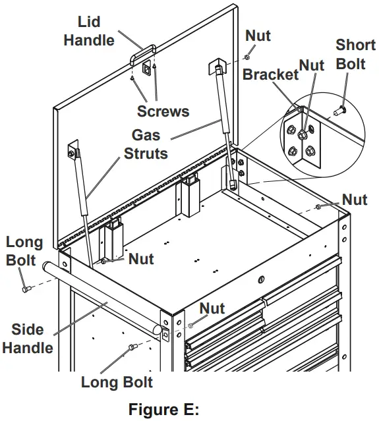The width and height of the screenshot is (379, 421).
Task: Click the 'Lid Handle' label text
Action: click(x=88, y=32)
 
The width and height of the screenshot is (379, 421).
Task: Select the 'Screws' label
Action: click(x=163, y=111)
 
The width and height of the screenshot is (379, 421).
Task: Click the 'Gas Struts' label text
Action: click(x=146, y=144)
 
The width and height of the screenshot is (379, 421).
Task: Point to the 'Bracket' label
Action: click(x=270, y=74)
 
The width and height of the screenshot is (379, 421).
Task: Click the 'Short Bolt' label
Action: click(x=355, y=55)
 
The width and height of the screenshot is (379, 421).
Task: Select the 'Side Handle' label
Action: click(x=28, y=338)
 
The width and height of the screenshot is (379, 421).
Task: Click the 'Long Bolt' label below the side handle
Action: click(x=117, y=382)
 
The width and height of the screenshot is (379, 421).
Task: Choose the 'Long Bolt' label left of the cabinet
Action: click(x=24, y=251)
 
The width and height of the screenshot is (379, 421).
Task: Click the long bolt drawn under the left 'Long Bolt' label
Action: click(x=26, y=288)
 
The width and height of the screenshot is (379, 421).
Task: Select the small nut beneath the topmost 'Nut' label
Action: click(x=247, y=57)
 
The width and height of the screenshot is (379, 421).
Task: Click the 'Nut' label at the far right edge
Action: click(x=354, y=199)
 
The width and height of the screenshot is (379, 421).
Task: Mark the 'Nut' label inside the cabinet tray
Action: click(x=141, y=258)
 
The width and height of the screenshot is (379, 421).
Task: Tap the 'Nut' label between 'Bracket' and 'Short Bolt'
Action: click(x=311, y=65)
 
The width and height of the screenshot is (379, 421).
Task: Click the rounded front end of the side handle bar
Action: click(x=158, y=329)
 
